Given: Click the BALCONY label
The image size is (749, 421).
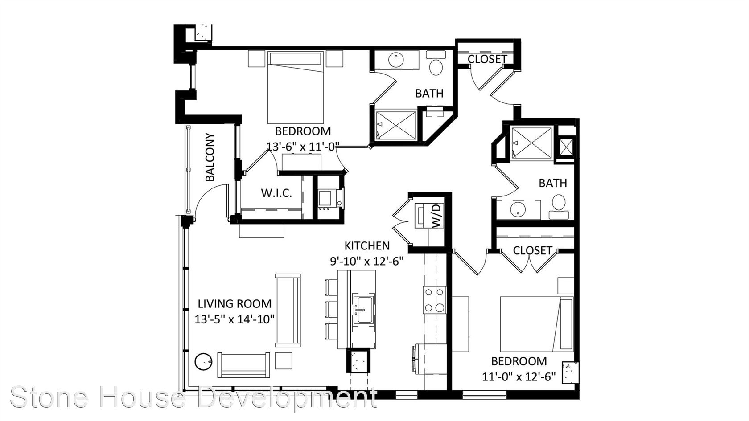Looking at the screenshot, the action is pos(210,157).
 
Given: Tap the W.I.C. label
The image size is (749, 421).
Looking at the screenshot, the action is pos(276,193).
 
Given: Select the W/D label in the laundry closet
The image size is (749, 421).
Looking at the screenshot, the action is pos(436,216).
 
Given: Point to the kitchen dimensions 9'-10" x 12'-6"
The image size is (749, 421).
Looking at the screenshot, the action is pos(367,261).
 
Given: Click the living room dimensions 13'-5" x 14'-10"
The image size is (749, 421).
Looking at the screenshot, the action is pos(235,319).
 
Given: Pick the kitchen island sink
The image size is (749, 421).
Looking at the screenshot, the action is pos(363,309).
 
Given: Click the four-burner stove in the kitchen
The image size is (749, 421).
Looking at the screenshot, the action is pos(435,300).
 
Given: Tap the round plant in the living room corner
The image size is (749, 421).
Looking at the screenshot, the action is pos(203,362).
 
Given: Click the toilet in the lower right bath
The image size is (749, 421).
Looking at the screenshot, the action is pos(559,207).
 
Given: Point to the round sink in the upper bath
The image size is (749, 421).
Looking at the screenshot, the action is pos(396,60).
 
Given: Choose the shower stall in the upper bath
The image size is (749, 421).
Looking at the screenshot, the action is pos(396,126).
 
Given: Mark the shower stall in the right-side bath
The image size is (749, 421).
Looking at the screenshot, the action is pos(531,143).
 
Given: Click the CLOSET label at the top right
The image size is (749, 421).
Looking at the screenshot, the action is pos(487,59).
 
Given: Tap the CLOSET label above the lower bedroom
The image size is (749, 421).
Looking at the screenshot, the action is pos(532,250).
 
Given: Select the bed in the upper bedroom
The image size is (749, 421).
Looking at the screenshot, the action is pos(296,87).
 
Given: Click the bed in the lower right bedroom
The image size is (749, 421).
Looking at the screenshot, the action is pos(537,324).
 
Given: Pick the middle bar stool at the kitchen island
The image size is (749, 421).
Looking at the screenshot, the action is pos(331,309).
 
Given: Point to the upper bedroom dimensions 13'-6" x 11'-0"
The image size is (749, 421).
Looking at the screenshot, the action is pos(303,146).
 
